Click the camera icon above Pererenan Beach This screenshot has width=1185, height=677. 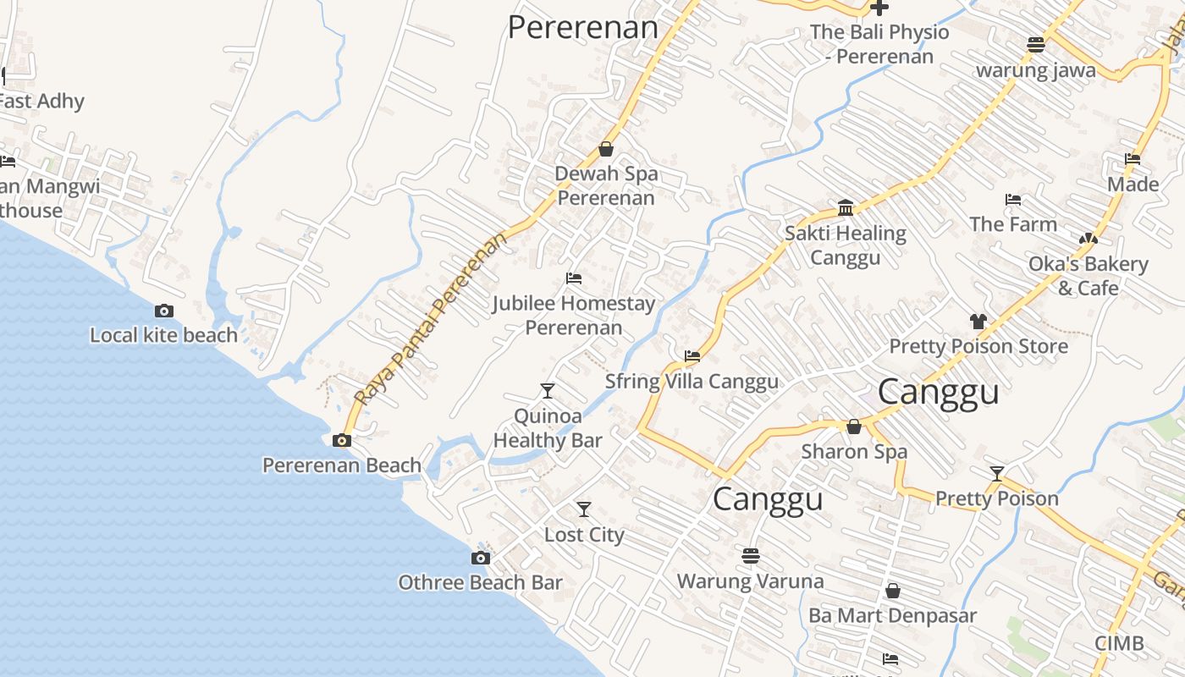[x=342, y=440]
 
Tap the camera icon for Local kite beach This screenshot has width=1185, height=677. [x=164, y=311]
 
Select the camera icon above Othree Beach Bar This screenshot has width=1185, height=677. [x=480, y=558]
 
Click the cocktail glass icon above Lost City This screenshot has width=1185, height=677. [x=584, y=509]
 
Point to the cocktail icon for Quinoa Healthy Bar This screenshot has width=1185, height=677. [x=548, y=390]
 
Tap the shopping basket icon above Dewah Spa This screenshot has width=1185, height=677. [x=606, y=149]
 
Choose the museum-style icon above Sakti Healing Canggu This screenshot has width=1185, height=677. [x=846, y=208]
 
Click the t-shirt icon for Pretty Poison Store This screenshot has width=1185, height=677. [x=978, y=322]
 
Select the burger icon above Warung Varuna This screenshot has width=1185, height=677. [x=750, y=556]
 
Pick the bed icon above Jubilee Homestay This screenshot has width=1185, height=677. [x=574, y=278]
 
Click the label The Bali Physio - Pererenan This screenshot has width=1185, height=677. [x=879, y=44]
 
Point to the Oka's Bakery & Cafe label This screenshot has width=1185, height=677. [x=1088, y=276]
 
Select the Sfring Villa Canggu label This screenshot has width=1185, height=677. [x=692, y=382]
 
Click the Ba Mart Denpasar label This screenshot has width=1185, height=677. [x=892, y=615]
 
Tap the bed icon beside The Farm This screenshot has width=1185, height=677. [x=1013, y=200]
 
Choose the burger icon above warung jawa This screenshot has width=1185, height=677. [x=1036, y=44]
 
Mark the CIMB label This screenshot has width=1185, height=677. [x=1119, y=643]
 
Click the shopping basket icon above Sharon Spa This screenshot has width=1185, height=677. [x=854, y=427]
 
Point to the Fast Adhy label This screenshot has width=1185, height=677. [x=42, y=102]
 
